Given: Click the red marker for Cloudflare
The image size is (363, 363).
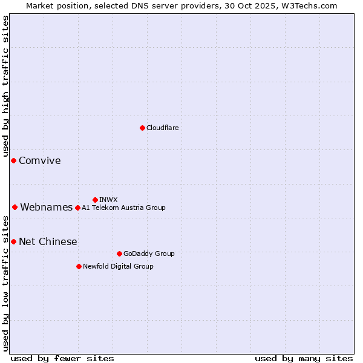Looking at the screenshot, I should pyautogui.click(x=142, y=128).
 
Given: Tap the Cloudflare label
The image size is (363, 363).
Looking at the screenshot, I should pyautogui.click(x=162, y=128).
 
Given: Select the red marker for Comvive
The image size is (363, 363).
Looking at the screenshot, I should pyautogui.click(x=13, y=160).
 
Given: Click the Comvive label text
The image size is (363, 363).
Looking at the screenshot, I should pyautogui.click(x=40, y=161).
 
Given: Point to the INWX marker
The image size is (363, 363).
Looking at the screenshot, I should pyautogui.click(x=95, y=200).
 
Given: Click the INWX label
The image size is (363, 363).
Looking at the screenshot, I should pyautogui.click(x=108, y=200).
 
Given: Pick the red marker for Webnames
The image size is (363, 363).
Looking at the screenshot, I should pyautogui.click(x=15, y=207).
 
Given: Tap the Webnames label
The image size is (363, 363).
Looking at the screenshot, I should pyautogui.click(x=47, y=208).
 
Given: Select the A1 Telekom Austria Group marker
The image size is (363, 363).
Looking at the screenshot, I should pyautogui.click(x=77, y=208).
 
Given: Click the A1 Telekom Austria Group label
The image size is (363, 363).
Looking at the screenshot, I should pyautogui.click(x=123, y=208).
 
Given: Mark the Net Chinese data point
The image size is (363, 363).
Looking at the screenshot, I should pyautogui.click(x=13, y=241).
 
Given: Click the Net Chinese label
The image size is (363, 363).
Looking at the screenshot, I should pyautogui.click(x=48, y=242).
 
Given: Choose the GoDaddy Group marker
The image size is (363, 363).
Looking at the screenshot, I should pyautogui.click(x=119, y=253).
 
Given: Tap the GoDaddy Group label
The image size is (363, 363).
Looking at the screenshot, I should pyautogui.click(x=149, y=253).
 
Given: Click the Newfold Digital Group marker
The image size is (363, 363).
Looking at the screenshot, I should pyautogui.click(x=79, y=266).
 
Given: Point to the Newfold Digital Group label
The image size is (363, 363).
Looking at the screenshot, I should pyautogui.click(x=118, y=266).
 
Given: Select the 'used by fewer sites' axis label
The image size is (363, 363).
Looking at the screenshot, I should pyautogui.click(x=62, y=359).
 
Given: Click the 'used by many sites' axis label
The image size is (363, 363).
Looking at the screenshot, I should pyautogui.click(x=304, y=359).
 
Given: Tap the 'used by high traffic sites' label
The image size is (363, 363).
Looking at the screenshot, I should pyautogui.click(x=5, y=87).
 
